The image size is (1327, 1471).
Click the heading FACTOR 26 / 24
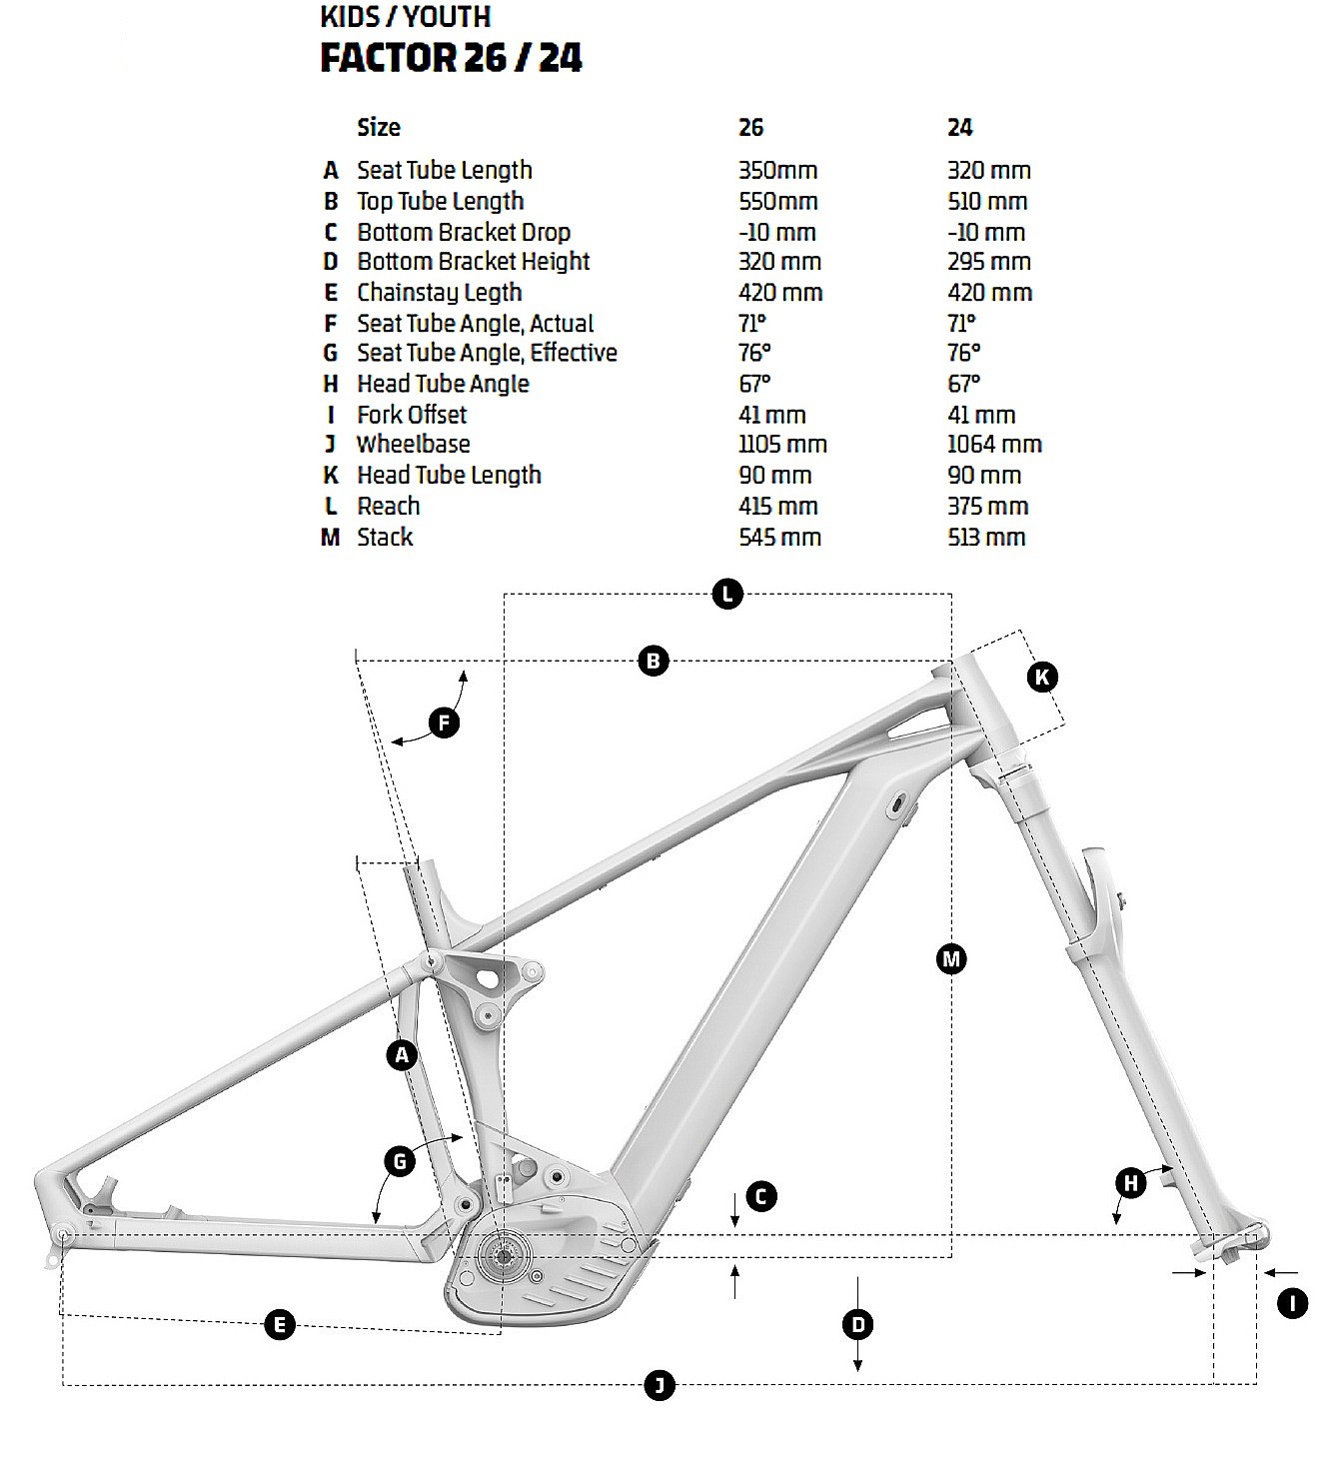(x=451, y=57)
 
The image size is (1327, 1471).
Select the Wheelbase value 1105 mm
(x=782, y=445)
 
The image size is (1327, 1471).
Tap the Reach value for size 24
(x=987, y=507)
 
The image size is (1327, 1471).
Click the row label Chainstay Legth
(x=440, y=293)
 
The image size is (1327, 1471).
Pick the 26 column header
(x=750, y=128)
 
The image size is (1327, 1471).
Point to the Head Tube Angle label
(x=443, y=384)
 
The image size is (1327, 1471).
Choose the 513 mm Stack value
(x=986, y=538)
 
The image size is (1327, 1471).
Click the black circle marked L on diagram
(x=727, y=595)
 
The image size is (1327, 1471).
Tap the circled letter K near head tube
(x=1042, y=678)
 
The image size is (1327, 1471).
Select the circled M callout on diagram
(x=951, y=959)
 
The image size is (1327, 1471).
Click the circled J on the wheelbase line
(x=660, y=1385)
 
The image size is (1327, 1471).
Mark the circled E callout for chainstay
(x=280, y=1325)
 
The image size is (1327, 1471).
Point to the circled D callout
(x=858, y=1325)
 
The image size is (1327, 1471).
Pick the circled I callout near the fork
(x=1293, y=1303)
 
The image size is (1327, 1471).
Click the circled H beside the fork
(x=1131, y=1184)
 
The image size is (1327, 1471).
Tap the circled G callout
(x=400, y=1161)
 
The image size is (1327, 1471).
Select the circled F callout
(x=444, y=723)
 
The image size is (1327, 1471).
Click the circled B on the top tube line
(x=653, y=661)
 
